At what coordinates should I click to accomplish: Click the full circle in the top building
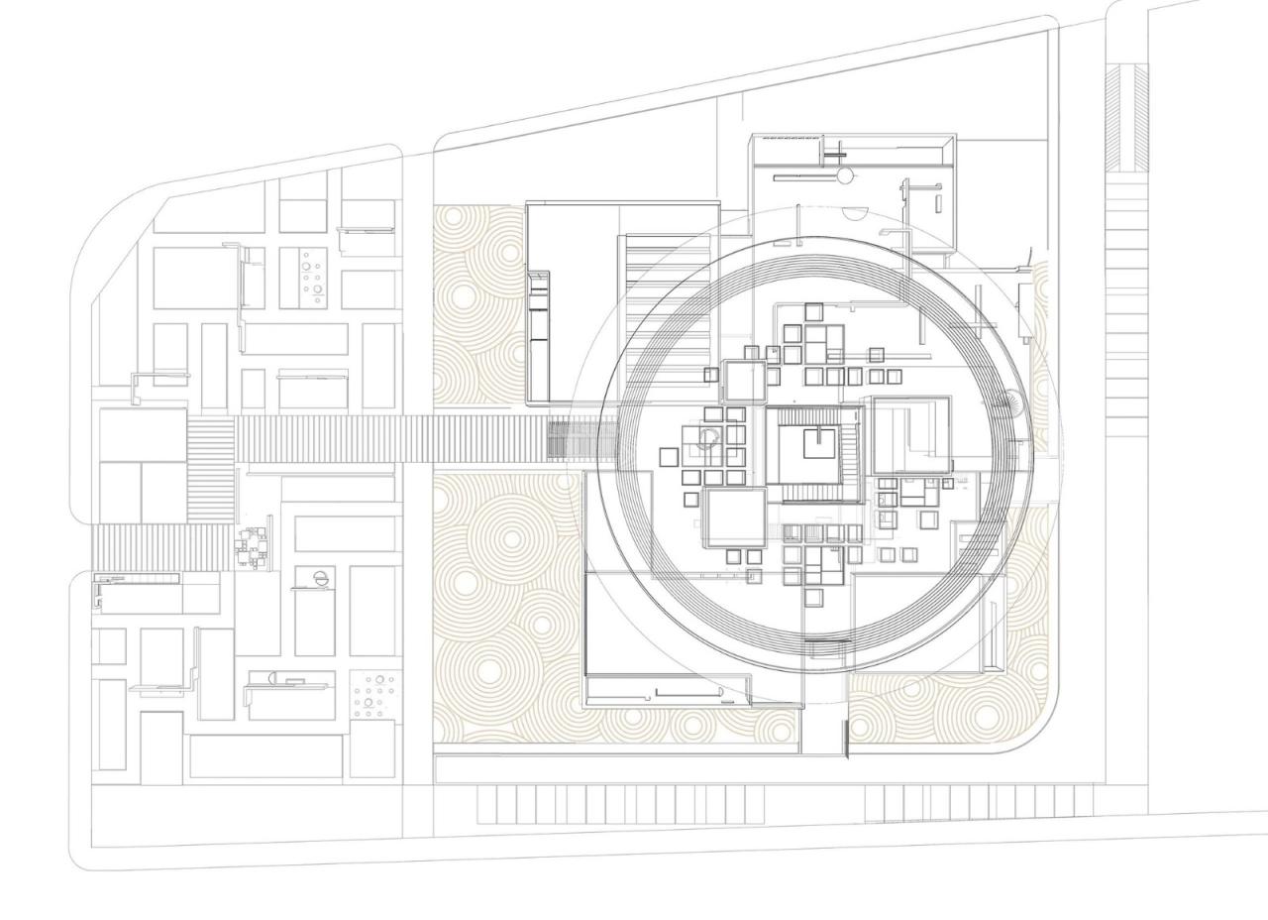844,176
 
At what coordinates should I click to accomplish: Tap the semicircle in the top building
854,211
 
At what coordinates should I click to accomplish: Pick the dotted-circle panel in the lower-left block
374,695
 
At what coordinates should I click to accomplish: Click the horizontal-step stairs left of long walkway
211,470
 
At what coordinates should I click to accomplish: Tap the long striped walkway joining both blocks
396,439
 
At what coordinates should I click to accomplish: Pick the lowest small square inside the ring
813,596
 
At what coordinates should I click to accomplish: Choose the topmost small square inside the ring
813,311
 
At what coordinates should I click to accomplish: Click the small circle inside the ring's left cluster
707,436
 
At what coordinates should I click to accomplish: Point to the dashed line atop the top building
789,139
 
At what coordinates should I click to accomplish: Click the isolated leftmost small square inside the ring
669,457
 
